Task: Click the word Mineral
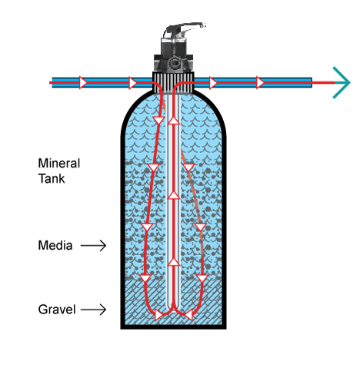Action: tap(59, 164)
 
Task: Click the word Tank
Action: tap(52, 178)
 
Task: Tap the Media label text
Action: tap(55, 245)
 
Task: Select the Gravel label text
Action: tap(57, 310)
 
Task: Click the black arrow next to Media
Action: tap(93, 246)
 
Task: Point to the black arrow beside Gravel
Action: tap(93, 310)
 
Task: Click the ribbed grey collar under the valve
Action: tap(173, 82)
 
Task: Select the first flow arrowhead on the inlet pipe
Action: tap(82, 82)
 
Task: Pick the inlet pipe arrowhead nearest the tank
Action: tap(132, 83)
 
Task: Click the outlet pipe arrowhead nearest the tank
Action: tap(213, 83)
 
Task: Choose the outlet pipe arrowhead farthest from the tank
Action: tap(260, 82)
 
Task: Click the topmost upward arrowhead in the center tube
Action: tap(174, 121)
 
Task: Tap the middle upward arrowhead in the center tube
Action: tap(174, 195)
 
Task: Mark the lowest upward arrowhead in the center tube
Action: tap(174, 262)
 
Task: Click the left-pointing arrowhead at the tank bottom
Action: tap(188, 315)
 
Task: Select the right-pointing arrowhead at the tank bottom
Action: tap(158, 315)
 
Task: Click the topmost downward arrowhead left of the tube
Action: tap(158, 121)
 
